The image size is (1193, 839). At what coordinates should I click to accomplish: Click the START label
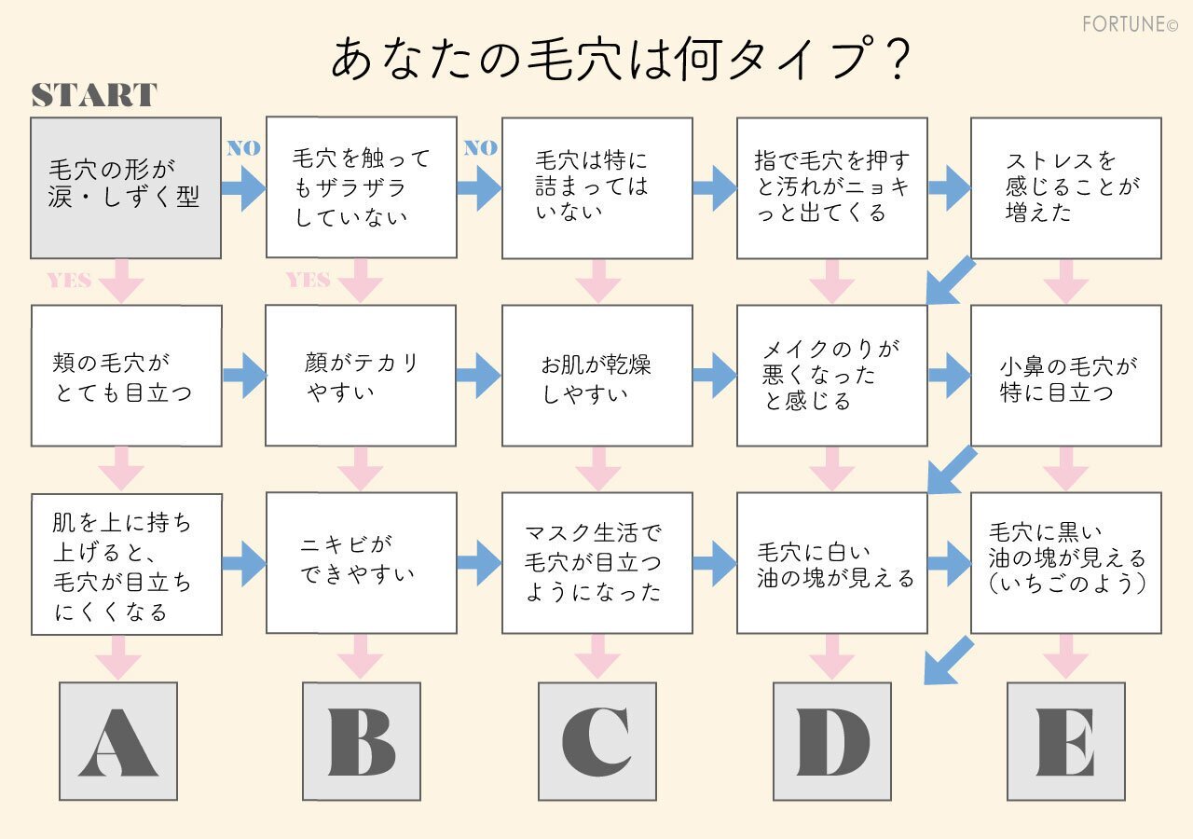click(94, 95)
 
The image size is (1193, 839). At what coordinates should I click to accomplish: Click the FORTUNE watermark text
click(1129, 24)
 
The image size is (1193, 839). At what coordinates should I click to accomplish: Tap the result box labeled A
click(118, 741)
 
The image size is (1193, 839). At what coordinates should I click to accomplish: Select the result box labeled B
click(361, 741)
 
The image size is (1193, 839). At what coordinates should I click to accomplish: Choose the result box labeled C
click(596, 741)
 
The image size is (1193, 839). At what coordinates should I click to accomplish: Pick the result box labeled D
click(831, 741)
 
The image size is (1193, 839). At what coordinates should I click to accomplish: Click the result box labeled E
click(1065, 741)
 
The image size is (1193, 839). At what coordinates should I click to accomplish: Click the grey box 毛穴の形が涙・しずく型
click(126, 187)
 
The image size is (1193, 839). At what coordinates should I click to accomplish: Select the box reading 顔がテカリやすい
click(361, 375)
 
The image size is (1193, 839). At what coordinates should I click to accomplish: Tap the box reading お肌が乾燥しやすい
click(596, 375)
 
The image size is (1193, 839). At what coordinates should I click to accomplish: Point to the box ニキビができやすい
click(361, 563)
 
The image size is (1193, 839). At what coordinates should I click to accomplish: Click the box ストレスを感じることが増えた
click(1065, 187)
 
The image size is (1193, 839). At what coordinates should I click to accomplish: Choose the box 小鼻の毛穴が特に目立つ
click(1065, 375)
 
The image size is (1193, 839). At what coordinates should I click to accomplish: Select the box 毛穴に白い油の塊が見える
click(831, 563)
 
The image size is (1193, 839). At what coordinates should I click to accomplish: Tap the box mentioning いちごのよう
click(1065, 563)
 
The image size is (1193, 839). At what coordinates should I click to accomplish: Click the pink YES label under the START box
click(69, 281)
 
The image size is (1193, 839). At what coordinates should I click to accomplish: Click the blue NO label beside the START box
click(243, 148)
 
